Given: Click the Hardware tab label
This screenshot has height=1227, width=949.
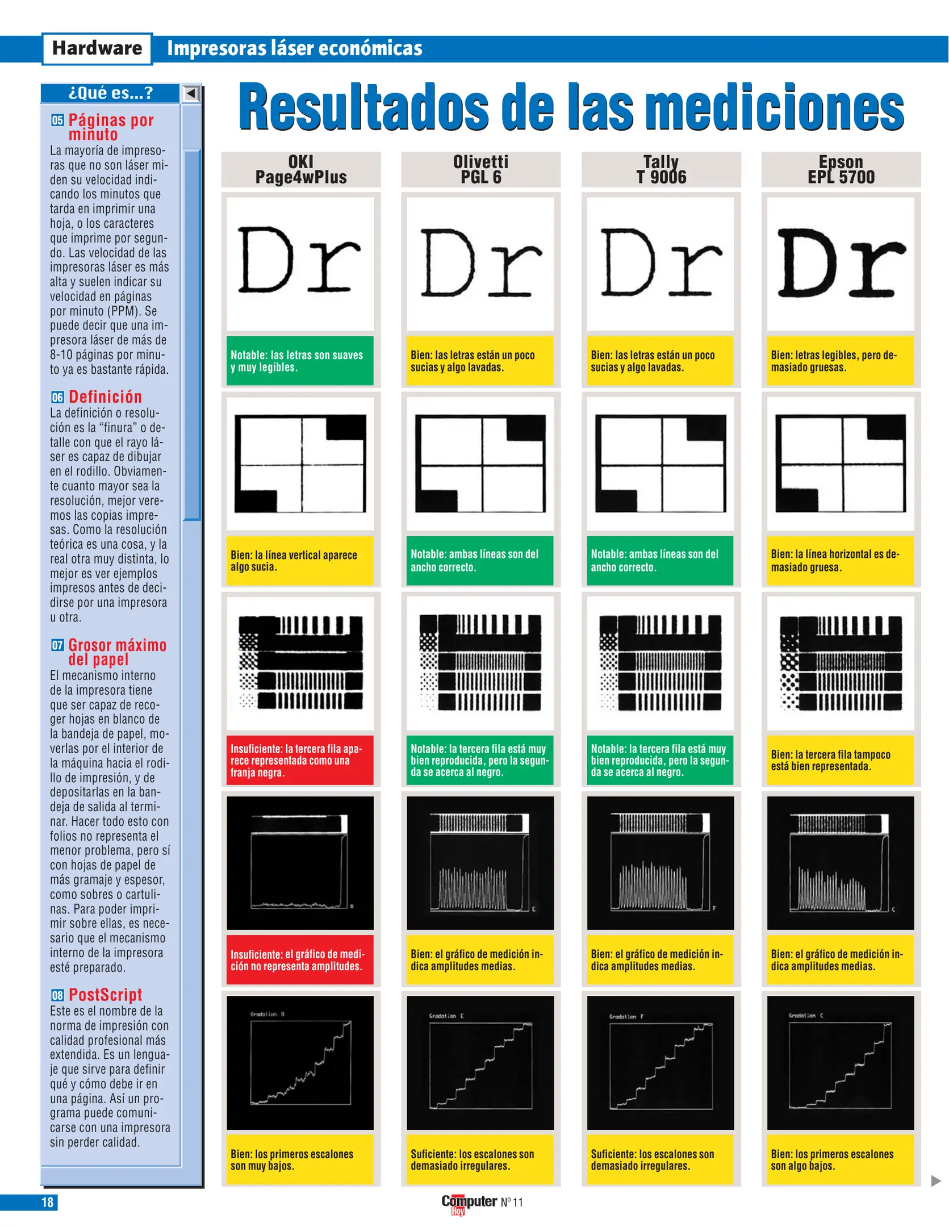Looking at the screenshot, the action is (97, 48).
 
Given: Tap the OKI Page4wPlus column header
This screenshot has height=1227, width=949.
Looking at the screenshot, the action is (301, 169).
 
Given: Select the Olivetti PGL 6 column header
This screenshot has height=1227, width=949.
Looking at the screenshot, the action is (480, 169).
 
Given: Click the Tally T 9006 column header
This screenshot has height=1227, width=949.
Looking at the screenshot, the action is (661, 169).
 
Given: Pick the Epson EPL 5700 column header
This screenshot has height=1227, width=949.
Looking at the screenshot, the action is (841, 169).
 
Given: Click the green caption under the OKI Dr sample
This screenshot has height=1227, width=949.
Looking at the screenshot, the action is (300, 361).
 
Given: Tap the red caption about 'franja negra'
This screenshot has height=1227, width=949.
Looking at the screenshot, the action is (300, 761).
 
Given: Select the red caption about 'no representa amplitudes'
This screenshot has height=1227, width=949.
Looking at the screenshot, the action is (300, 960).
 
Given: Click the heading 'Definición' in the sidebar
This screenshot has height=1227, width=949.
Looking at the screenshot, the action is (105, 397).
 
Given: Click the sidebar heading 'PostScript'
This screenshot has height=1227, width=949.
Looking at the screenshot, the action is (105, 995).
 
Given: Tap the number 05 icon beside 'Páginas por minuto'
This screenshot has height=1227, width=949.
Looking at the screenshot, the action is (57, 120).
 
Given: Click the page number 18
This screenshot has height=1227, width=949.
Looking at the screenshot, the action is (47, 1202).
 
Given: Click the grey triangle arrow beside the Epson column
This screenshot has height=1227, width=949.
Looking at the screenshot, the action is (936, 1180).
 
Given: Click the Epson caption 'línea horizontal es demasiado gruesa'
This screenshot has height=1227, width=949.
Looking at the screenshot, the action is (840, 561).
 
